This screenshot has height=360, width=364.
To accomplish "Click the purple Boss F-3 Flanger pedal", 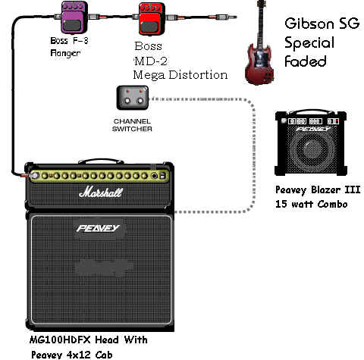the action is [74, 17].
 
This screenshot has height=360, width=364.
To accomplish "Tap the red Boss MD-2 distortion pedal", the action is [152, 19].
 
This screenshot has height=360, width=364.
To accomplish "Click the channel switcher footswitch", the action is [133, 98].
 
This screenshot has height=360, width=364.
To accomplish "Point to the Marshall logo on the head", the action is [101, 193].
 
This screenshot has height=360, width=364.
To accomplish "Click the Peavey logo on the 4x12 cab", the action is [98, 228].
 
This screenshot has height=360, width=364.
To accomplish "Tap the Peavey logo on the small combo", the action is [314, 130].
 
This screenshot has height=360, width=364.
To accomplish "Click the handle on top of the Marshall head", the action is [101, 161].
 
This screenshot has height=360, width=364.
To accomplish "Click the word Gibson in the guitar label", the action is [309, 23].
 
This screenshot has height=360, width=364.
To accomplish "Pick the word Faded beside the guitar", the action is [306, 61].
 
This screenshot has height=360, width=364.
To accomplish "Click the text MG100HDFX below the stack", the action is [60, 340].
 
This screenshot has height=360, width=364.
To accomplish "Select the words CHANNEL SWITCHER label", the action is [132, 125].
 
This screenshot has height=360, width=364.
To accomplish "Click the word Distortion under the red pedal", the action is [198, 75].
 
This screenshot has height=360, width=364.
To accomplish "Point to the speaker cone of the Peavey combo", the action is [312, 149].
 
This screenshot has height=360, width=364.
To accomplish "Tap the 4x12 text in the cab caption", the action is [78, 355].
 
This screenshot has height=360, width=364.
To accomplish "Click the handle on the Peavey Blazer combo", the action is [310, 112].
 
